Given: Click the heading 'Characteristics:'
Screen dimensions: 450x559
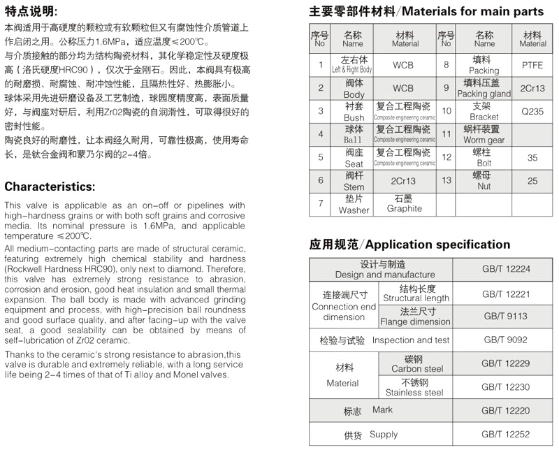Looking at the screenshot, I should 50,187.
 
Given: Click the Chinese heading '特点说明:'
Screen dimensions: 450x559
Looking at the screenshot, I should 31,12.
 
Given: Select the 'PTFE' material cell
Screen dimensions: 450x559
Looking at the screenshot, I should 532,65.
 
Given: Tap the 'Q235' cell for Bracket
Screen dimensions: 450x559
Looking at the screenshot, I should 532,112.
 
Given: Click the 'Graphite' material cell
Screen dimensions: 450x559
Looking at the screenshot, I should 405,203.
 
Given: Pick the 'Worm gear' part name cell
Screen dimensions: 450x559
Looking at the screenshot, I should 484,135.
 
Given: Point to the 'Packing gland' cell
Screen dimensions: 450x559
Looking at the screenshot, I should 484,89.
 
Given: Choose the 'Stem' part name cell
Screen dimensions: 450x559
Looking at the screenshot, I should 354,181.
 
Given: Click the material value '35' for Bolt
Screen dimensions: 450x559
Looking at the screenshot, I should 532,158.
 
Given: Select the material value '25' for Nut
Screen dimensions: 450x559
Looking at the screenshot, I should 532,181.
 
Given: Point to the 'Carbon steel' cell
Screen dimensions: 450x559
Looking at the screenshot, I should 416,363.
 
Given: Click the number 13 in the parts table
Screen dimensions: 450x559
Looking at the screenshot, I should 447,181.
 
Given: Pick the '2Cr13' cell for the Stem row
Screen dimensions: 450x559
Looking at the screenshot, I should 404,181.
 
